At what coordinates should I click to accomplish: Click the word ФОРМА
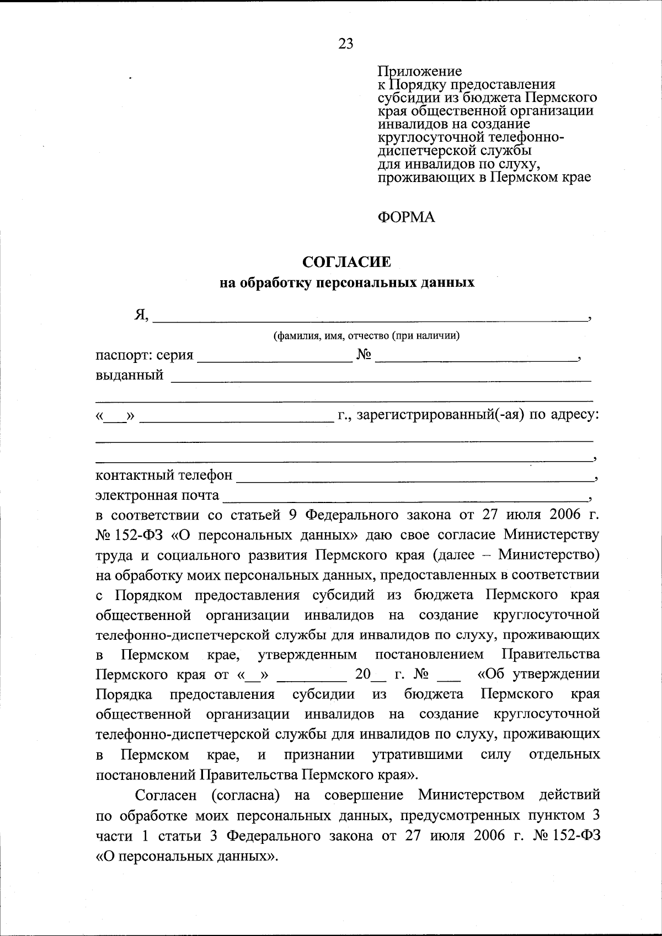coord(406,217)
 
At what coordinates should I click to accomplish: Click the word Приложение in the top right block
coord(419,71)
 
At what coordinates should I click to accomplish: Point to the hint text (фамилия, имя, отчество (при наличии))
coord(367,335)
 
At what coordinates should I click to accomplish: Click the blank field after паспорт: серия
coord(275,359)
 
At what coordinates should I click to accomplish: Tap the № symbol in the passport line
coord(363,355)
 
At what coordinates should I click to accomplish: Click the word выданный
coord(130,375)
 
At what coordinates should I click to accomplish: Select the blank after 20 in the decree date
coord(380,678)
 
